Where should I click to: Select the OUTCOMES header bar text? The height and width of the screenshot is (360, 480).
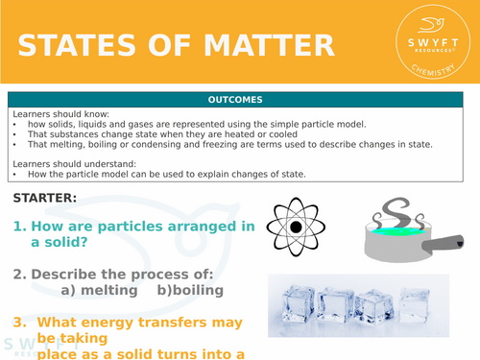240,99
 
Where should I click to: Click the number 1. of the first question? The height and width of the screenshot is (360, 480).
18,228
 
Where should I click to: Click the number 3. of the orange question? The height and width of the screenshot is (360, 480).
18,324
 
